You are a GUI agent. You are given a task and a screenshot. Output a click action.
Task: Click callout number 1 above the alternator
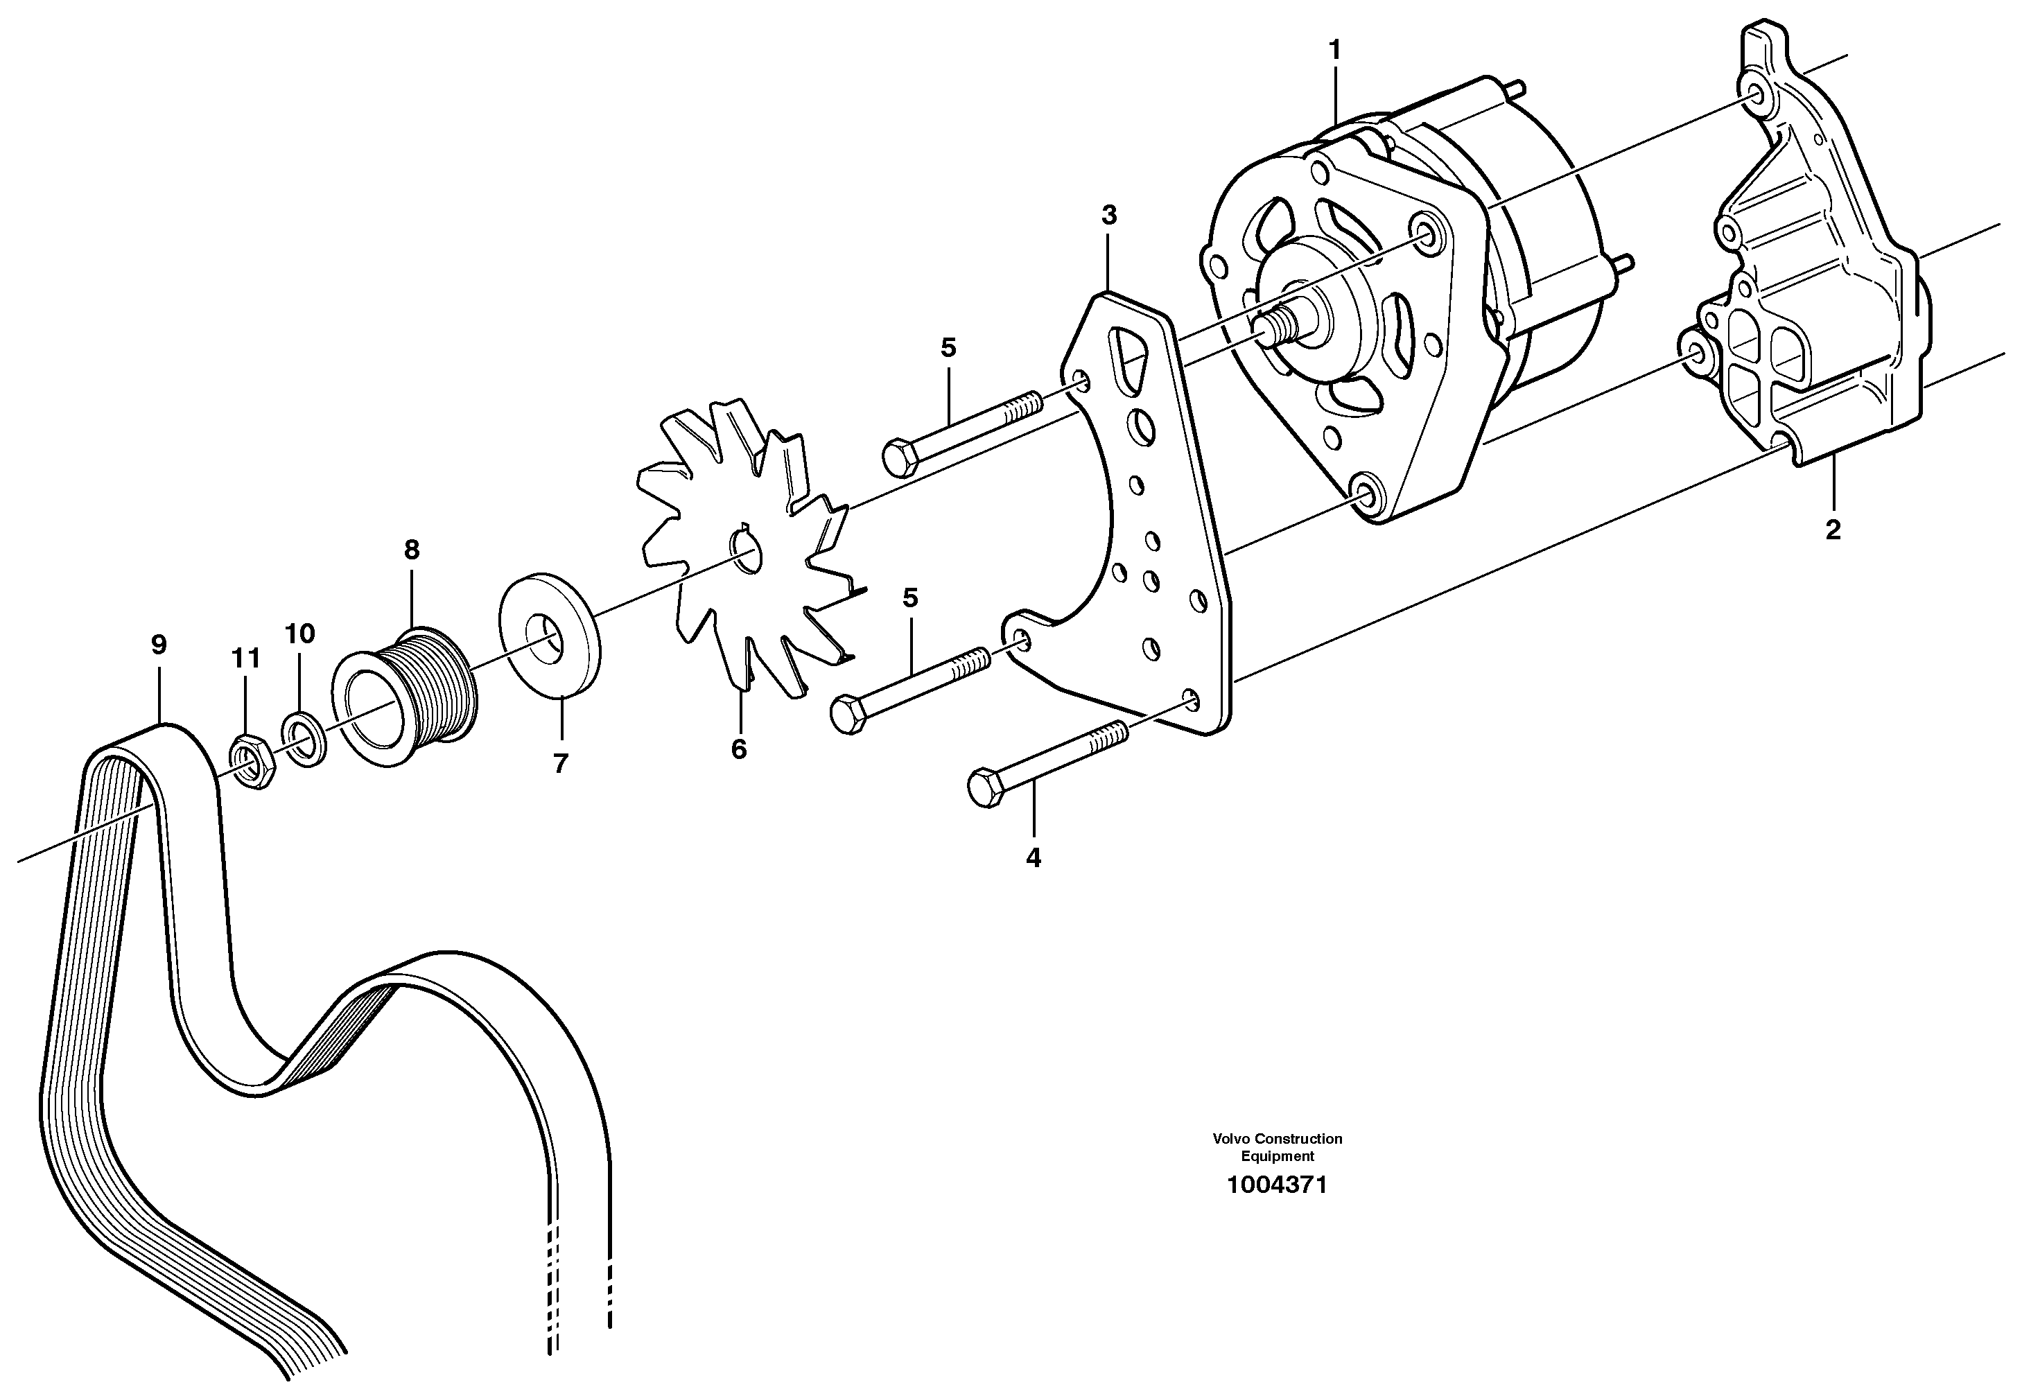[x=1334, y=51]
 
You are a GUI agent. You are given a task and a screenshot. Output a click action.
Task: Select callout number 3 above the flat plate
[x=1109, y=215]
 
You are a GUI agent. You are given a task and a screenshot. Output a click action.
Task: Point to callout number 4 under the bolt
[x=1033, y=858]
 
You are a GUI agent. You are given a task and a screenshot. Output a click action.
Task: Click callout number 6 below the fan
[x=739, y=749]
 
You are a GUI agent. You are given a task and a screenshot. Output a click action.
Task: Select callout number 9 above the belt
[x=158, y=645]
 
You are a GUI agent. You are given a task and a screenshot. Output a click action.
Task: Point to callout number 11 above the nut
[x=246, y=658]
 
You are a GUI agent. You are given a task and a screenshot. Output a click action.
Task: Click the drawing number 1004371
[x=1276, y=1185]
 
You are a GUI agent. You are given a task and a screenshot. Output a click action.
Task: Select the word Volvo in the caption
[x=1230, y=1139]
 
